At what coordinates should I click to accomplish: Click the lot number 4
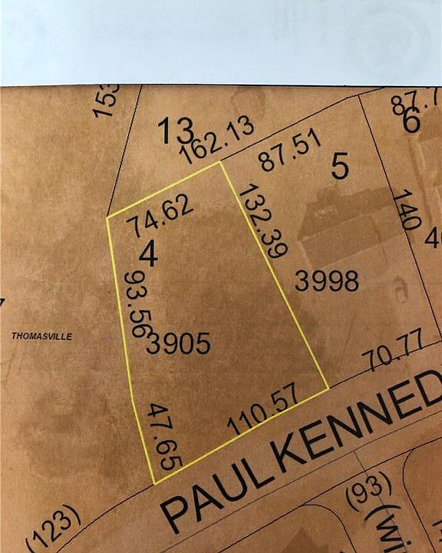[149, 255]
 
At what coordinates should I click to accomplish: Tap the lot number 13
[175, 131]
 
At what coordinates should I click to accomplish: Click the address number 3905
[179, 343]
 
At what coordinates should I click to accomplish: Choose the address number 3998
[327, 282]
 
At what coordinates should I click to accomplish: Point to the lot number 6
[411, 121]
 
